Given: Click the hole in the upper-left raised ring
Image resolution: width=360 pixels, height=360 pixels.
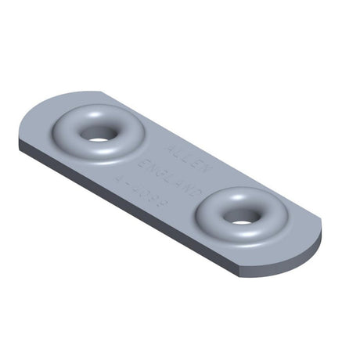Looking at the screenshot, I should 98,135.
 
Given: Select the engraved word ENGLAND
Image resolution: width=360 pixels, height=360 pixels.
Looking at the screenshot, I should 171,175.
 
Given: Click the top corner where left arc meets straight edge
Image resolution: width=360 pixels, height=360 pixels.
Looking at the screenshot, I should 99,92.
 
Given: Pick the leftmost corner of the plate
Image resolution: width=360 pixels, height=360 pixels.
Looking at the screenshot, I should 19,142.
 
